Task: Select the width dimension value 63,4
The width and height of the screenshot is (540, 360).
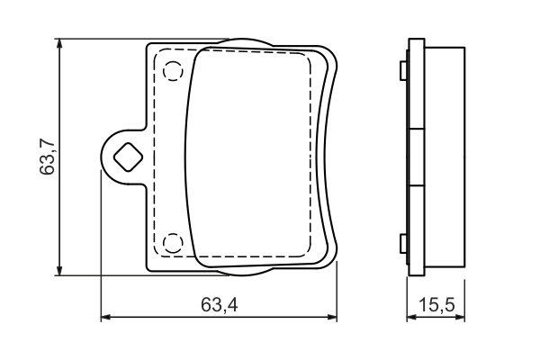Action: click(x=219, y=306)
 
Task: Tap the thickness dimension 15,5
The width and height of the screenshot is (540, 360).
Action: click(x=436, y=306)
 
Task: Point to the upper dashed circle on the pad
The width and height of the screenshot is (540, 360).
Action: click(x=173, y=69)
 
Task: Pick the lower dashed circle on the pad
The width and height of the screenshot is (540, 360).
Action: click(x=173, y=242)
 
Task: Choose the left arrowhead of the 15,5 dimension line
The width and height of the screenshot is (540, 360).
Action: click(x=412, y=317)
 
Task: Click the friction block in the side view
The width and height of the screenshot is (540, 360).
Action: click(x=445, y=157)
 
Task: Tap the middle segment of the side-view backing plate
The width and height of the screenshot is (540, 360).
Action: click(x=416, y=157)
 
